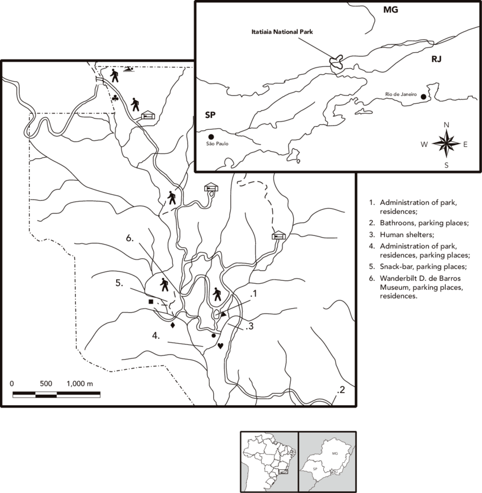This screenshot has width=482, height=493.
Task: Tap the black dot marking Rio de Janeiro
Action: pos(423,97)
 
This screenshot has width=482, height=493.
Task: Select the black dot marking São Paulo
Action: pos(210,137)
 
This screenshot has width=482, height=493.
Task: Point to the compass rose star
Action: pos(446,143)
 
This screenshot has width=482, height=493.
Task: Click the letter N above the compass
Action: pos(446,125)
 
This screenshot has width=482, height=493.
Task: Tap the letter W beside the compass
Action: pos(424,144)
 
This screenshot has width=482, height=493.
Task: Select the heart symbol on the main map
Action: pos(221,345)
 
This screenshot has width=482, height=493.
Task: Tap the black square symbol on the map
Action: pos(151,302)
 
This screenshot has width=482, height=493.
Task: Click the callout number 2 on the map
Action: pos(341,390)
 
